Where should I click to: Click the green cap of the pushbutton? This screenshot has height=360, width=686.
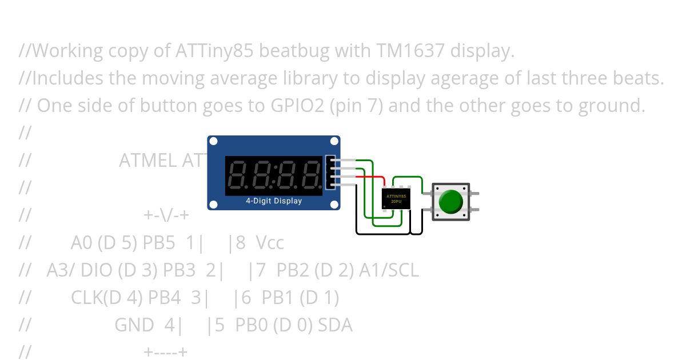click(x=450, y=202)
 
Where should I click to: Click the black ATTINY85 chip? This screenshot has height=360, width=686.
click(x=396, y=199)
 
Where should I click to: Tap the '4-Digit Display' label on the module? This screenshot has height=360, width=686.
click(x=274, y=201)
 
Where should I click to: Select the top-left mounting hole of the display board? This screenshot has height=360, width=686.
click(x=213, y=142)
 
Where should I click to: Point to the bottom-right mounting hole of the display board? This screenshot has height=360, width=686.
click(x=334, y=204)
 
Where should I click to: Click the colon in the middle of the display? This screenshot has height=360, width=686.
click(x=274, y=175)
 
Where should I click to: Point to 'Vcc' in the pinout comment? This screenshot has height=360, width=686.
click(x=270, y=243)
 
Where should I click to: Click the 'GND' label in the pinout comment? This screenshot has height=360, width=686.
click(x=134, y=326)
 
